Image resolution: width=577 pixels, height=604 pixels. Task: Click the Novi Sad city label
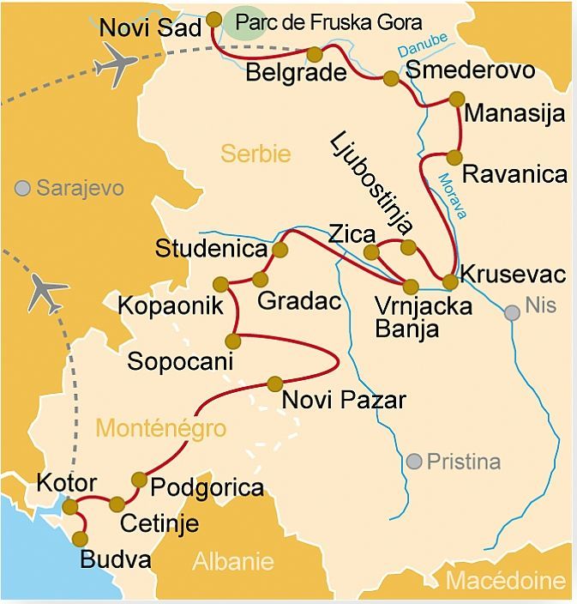(150, 27)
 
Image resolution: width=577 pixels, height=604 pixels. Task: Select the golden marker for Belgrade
(315, 54)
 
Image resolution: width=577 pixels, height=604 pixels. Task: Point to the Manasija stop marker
(455, 99)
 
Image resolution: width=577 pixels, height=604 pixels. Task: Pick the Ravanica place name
(514, 174)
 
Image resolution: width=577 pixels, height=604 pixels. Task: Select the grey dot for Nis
(513, 313)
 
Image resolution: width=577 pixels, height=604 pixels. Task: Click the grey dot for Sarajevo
(22, 187)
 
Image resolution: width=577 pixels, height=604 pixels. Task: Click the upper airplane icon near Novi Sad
(115, 62)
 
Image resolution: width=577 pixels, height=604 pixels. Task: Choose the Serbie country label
(255, 154)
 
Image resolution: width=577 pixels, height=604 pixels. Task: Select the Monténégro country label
(161, 427)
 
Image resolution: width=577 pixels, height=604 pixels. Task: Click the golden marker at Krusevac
(449, 281)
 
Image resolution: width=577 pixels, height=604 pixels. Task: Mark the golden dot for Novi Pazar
(275, 383)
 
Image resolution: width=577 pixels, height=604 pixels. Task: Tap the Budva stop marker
(81, 539)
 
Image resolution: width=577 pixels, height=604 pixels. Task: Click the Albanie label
(232, 562)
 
